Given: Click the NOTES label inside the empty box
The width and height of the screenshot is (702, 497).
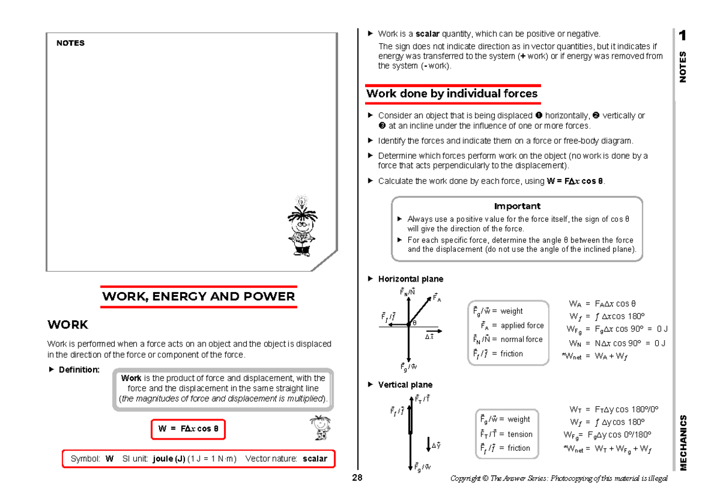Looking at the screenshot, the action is pyautogui.click(x=71, y=43).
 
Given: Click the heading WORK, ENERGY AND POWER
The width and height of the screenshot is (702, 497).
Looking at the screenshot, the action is pyautogui.click(x=198, y=296).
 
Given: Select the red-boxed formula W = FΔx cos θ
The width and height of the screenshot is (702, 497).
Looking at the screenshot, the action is pyautogui.click(x=188, y=429).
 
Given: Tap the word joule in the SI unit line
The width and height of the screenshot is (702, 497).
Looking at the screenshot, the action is pyautogui.click(x=164, y=459).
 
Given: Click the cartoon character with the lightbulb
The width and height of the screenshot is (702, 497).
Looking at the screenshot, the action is pyautogui.click(x=302, y=226).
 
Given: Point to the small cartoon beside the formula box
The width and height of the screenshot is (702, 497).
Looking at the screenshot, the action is pyautogui.click(x=321, y=428).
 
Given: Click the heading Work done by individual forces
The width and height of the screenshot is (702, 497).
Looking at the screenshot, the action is pyautogui.click(x=452, y=94).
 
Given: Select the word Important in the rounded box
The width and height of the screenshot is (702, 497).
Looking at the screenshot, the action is pyautogui.click(x=517, y=206).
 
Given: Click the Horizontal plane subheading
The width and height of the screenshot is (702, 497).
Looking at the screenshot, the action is pyautogui.click(x=411, y=279).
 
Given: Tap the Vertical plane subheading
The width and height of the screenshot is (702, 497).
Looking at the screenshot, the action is pyautogui.click(x=405, y=385).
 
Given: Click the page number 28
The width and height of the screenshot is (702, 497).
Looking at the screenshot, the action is pyautogui.click(x=357, y=478).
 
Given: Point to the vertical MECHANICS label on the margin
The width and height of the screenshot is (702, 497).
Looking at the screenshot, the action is pyautogui.click(x=683, y=443).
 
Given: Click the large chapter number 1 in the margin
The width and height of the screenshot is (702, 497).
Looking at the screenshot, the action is pyautogui.click(x=683, y=36).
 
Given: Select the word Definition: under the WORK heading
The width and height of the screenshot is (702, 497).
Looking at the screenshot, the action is pyautogui.click(x=79, y=370).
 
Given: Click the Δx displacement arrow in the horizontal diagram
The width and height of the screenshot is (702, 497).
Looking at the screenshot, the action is pyautogui.click(x=434, y=331).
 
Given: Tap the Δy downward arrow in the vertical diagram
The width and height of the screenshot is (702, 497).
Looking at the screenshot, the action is pyautogui.click(x=428, y=444).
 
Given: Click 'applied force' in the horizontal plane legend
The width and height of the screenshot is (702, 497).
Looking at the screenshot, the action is pyautogui.click(x=522, y=325).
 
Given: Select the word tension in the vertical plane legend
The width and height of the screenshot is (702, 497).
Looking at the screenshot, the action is pyautogui.click(x=520, y=434).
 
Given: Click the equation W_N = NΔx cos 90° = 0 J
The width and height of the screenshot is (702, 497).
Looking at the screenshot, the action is pyautogui.click(x=617, y=344).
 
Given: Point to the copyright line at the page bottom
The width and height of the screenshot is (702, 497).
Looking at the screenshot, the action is pyautogui.click(x=559, y=478).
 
